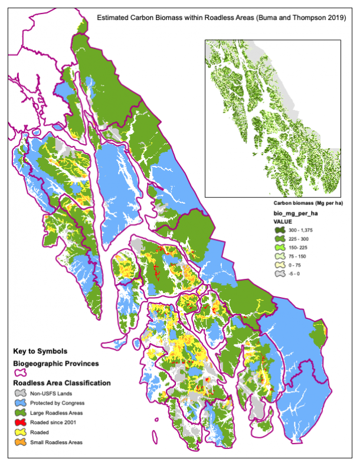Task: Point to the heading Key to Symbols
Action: click(41, 351)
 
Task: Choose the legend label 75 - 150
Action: click(293, 256)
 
